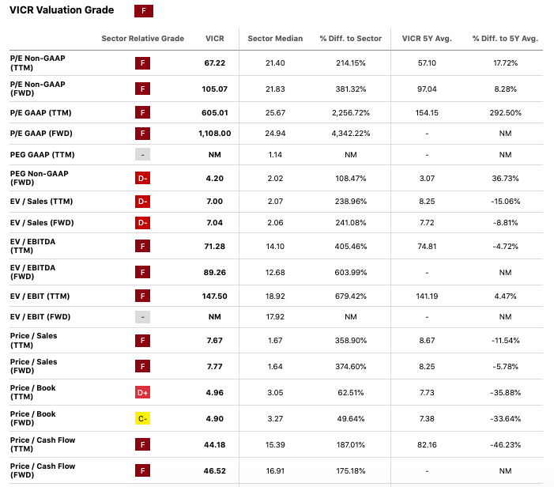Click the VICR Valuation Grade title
tap(62, 10)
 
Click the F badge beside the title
tap(143, 11)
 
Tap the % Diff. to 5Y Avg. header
tap(505, 39)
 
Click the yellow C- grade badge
tap(142, 419)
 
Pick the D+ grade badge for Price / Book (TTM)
tap(142, 393)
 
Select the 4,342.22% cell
tap(350, 134)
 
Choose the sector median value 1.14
tap(275, 154)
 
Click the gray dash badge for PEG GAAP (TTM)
tap(142, 154)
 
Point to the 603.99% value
tap(350, 273)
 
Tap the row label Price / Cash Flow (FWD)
tap(43, 470)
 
